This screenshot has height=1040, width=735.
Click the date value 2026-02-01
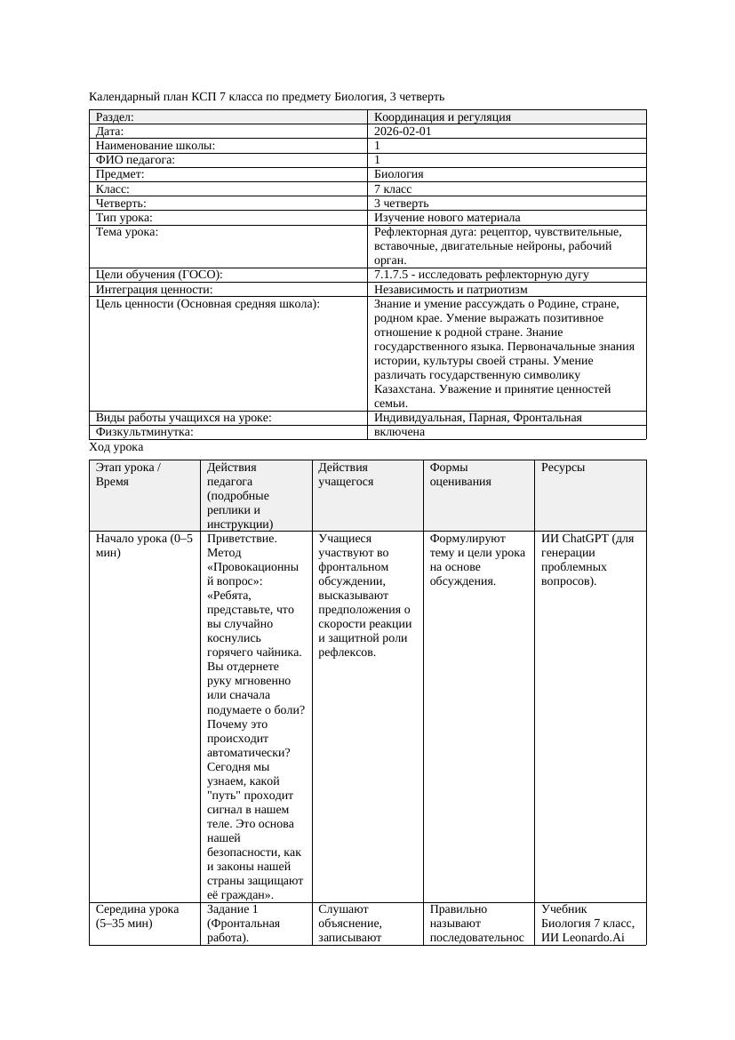point(403,131)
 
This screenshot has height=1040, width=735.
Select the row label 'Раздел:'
point(115,116)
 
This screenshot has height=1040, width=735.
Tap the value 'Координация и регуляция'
point(443,116)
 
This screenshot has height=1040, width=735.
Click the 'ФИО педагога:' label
point(135,160)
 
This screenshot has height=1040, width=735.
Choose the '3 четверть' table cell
point(401,203)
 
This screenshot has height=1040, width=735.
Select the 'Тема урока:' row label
point(127,231)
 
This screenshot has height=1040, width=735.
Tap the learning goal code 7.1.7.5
point(394,275)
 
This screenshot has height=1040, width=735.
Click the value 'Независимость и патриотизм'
point(451,289)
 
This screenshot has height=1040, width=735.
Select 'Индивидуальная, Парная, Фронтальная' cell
point(478,418)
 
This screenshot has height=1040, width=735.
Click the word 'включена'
point(399,432)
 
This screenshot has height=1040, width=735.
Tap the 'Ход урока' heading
point(116,447)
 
